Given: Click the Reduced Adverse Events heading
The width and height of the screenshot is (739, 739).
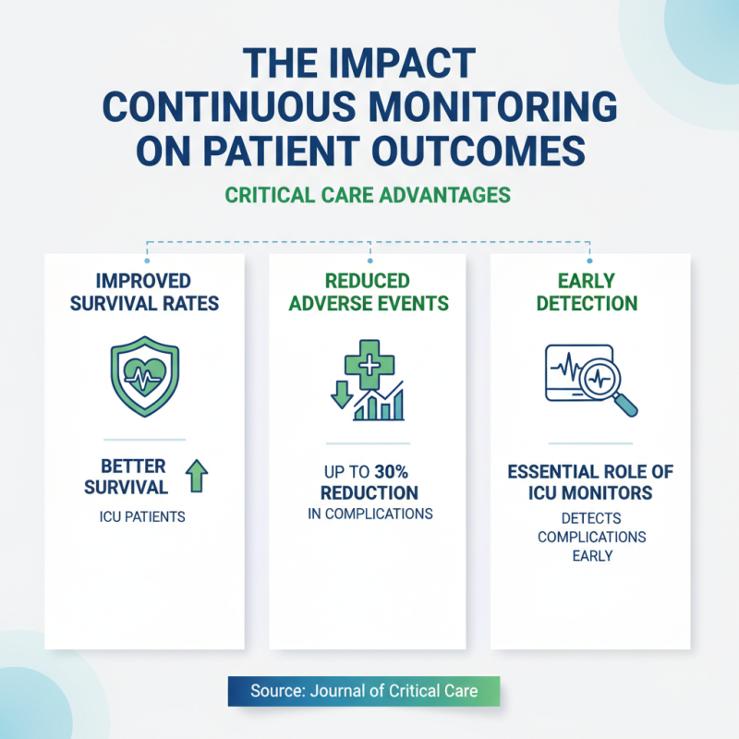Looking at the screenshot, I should [369, 292].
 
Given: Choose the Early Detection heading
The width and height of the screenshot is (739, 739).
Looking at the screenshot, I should [590, 292].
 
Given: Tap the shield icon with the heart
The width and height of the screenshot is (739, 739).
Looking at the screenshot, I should [144, 377].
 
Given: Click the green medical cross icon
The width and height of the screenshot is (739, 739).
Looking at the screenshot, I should [369, 362].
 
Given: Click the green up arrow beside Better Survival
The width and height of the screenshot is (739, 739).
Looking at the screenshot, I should [198, 477].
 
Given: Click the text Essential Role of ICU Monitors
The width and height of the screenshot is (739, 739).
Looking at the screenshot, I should [590, 482].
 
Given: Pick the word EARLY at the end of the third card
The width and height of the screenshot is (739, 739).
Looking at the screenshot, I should [591, 556].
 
